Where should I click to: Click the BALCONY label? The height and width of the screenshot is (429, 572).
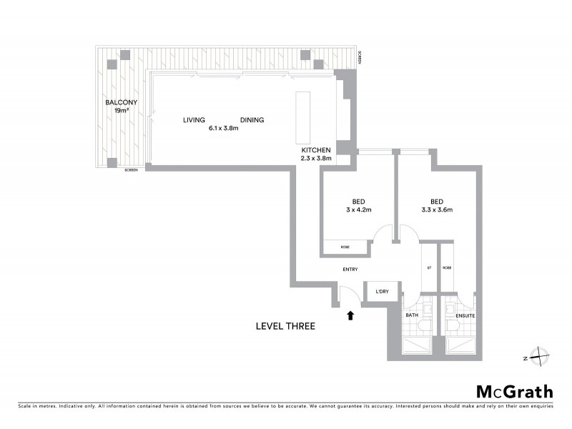[121, 102]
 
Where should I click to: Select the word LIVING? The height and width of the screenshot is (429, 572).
[194, 120]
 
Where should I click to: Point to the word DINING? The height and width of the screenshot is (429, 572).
[252, 120]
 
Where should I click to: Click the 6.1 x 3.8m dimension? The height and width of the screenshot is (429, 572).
[222, 129]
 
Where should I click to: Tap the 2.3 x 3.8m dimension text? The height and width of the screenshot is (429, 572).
[316, 159]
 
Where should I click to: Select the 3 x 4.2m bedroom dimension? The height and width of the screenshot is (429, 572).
[359, 209]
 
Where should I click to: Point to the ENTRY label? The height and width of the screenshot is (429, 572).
[350, 270]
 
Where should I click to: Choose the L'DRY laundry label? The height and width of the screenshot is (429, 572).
[377, 291]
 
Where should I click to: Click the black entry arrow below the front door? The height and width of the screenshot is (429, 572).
[350, 315]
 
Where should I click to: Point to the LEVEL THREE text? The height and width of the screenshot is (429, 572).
[285, 326]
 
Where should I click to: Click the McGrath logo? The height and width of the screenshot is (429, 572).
[514, 391]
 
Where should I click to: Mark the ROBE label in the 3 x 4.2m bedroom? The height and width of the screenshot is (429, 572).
[345, 247]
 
